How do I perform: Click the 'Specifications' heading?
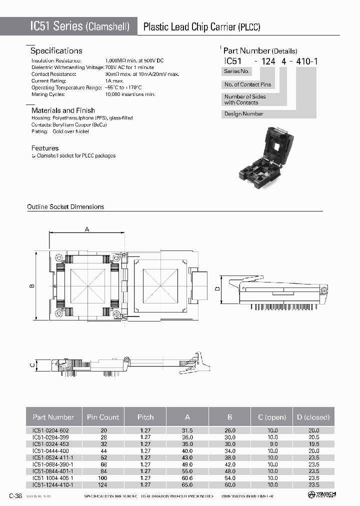point(56,50)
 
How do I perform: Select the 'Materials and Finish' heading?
point(63,110)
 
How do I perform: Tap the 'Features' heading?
point(45,148)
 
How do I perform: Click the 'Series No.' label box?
point(236,71)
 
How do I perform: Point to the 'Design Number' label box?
point(244,114)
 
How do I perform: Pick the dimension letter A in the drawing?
point(86,229)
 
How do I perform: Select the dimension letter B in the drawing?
point(31,286)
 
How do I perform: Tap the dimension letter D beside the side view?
point(217,288)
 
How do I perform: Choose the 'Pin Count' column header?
point(103,417)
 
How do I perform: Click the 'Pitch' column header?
point(145,417)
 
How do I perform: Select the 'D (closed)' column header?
point(313,417)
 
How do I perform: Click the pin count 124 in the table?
point(103,484)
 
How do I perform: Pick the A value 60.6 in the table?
point(188,478)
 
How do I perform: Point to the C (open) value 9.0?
point(272,443)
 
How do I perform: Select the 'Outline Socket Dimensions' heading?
point(65,206)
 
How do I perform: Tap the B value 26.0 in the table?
point(230,430)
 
